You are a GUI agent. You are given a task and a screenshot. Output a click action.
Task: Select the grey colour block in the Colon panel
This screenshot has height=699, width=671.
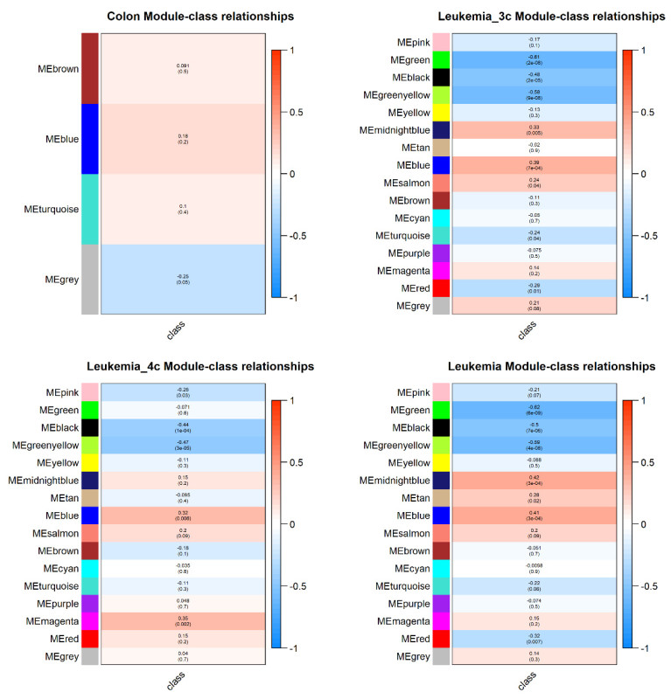coord(90,279)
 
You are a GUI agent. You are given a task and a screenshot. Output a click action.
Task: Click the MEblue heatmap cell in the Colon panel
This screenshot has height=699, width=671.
coord(183,139)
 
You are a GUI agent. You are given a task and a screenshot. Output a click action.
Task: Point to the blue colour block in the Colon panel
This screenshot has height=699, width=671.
coord(90,139)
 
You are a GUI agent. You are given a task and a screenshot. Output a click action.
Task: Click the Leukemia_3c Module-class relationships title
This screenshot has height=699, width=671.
coord(535,16)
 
